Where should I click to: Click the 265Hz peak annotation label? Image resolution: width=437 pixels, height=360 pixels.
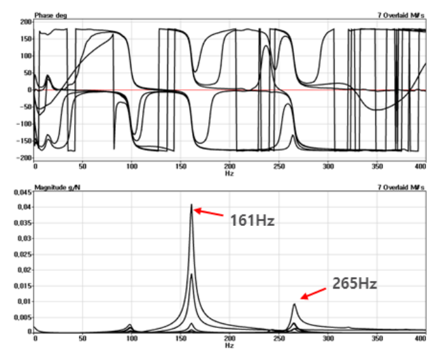coord(354,282)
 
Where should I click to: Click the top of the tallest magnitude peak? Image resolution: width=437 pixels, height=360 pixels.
coord(191,205)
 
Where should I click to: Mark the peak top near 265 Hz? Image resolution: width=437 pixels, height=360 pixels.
coord(294,304)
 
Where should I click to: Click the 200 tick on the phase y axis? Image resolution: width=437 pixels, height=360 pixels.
coord(26,22)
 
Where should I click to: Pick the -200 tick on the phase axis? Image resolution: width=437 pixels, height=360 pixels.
coord(24,157)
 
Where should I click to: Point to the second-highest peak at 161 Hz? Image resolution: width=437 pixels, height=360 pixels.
coord(191,274)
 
